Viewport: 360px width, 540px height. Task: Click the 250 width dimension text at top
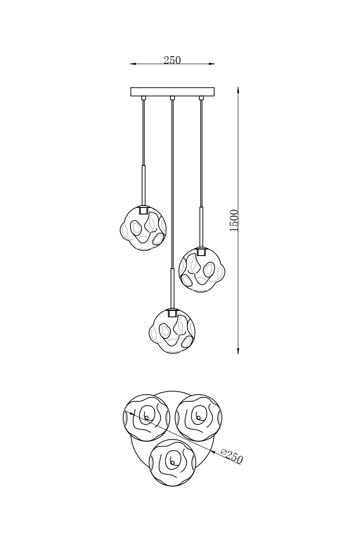click(x=172, y=60)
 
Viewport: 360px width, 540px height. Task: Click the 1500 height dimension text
click(x=234, y=220)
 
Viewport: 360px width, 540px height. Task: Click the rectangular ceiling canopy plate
click(x=172, y=92)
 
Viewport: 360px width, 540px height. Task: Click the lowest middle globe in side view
click(x=172, y=332)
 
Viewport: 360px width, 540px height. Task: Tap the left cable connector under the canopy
click(x=144, y=98)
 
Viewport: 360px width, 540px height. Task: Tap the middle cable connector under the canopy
click(x=172, y=98)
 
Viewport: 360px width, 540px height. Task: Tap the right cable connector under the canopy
click(x=201, y=98)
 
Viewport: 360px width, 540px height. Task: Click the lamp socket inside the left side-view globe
click(x=143, y=210)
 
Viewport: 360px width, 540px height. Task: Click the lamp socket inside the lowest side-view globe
click(x=172, y=313)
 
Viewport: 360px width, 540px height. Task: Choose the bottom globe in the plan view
click(x=172, y=463)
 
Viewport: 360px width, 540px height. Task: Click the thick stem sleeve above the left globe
click(x=143, y=185)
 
